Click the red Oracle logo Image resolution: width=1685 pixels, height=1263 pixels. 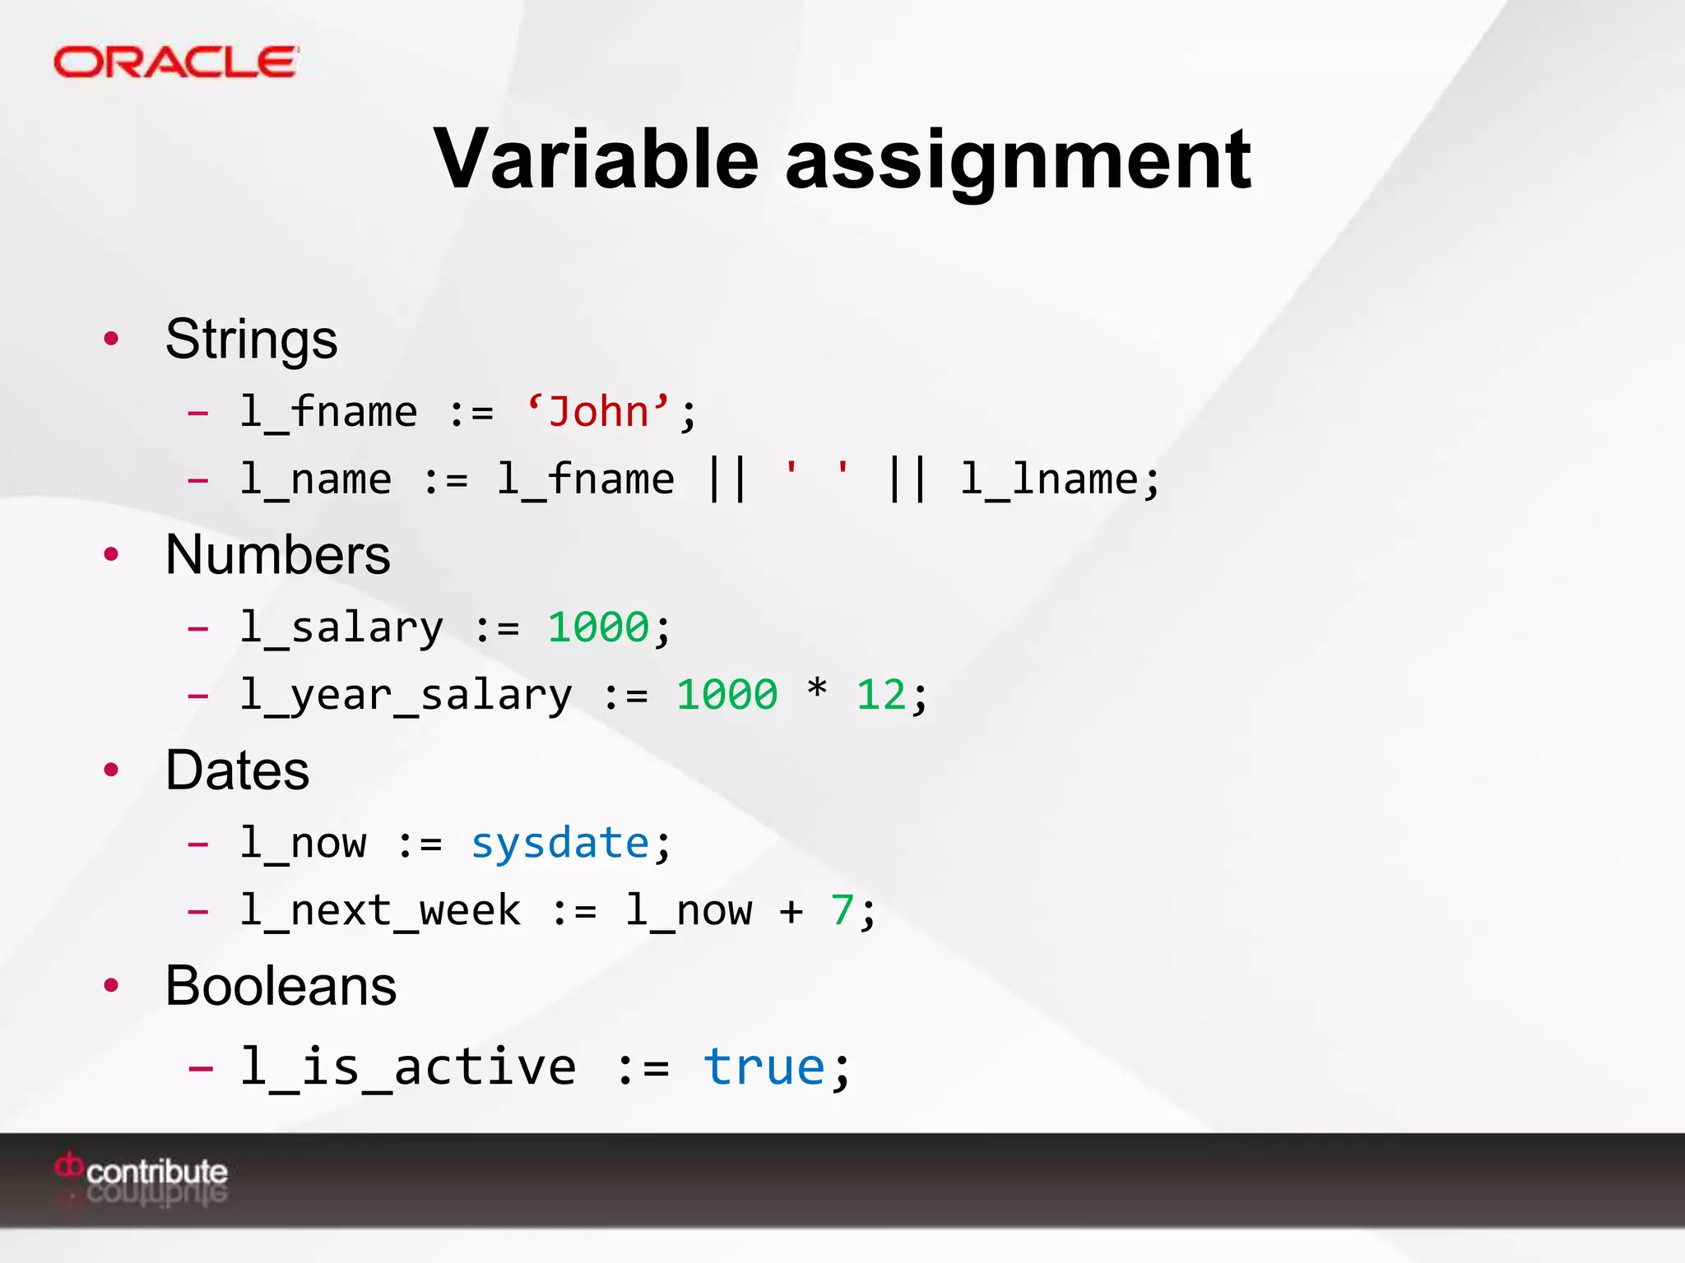coord(175,62)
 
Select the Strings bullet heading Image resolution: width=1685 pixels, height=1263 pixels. coord(251,339)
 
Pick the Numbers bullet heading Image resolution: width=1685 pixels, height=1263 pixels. coord(277,554)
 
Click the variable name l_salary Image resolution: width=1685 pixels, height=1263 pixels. coord(341,628)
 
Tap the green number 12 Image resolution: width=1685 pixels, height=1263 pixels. coord(880,696)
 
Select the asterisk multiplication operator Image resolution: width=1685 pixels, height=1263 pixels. coord(816,688)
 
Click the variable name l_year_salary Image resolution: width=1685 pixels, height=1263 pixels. coord(406,696)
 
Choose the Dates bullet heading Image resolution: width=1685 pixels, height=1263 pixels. coord(237,770)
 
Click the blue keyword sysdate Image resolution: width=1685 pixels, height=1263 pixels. coord(560,844)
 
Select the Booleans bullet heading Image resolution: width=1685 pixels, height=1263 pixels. coord(281,985)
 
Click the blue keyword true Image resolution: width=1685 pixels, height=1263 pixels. coord(764,1067)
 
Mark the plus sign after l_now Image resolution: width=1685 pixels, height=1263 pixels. coord(791,911)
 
